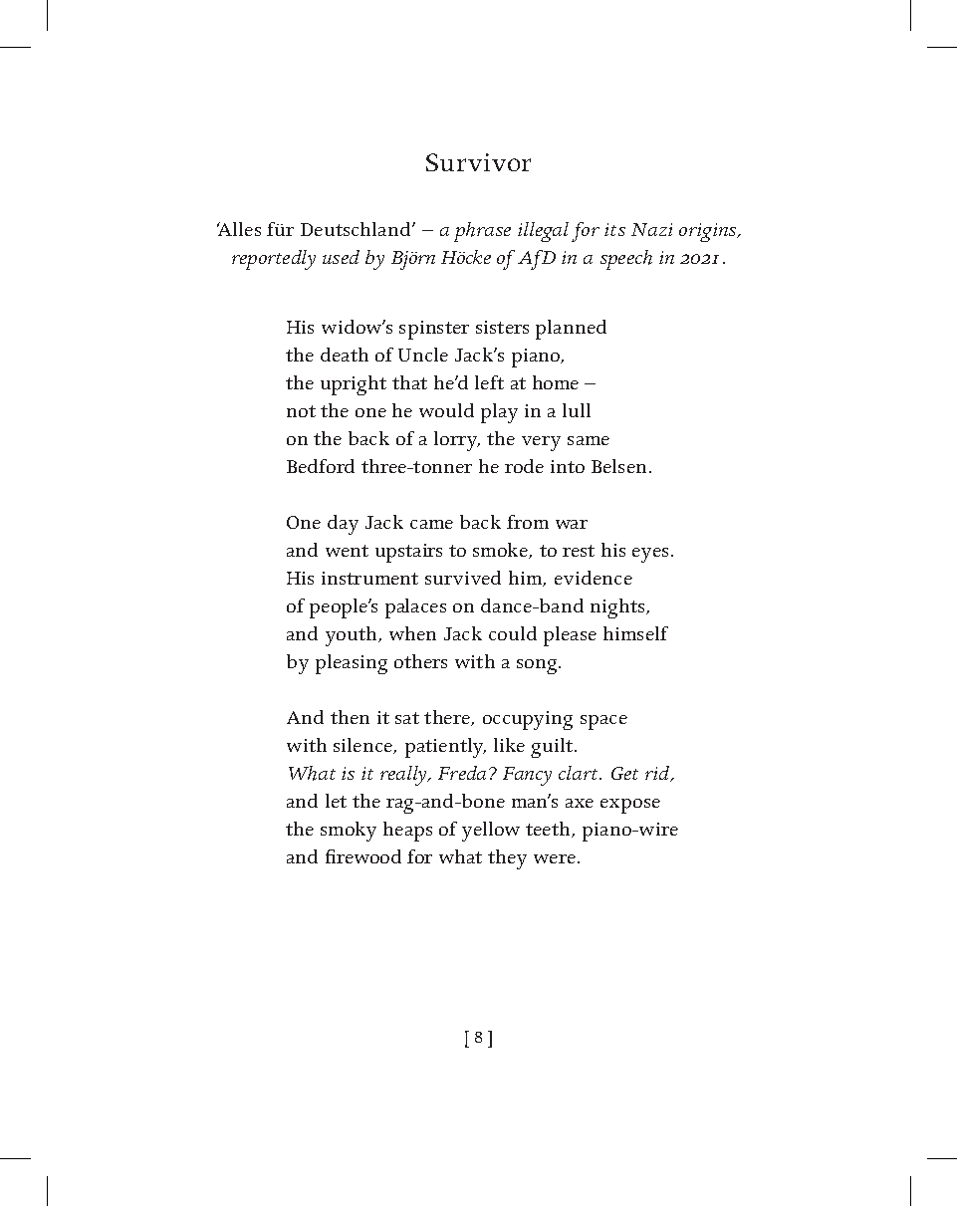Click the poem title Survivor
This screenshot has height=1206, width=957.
coord(478,163)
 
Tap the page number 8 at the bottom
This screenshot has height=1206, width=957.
coord(478,1038)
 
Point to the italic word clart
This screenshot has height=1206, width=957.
coord(581,774)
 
